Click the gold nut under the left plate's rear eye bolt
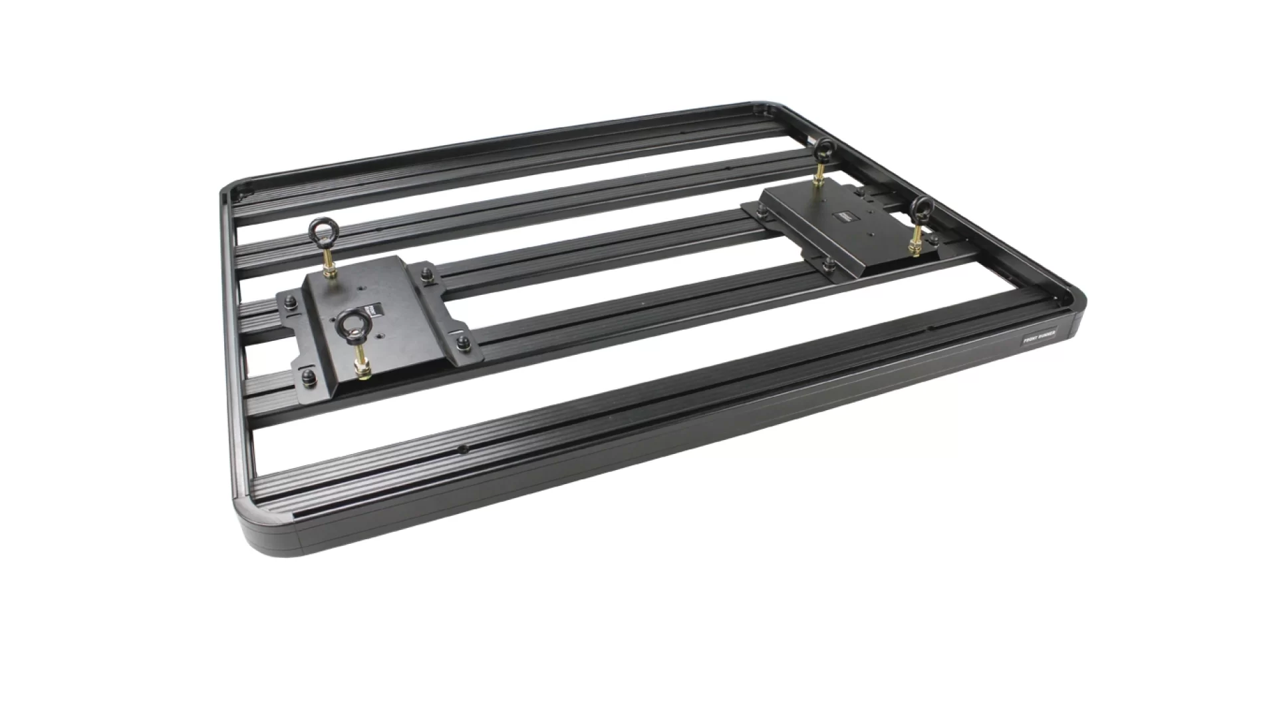point(329,272)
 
